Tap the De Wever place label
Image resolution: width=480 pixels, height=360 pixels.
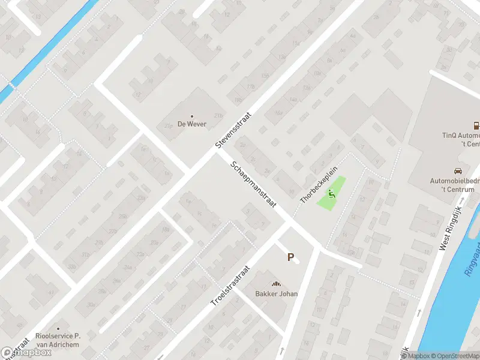(192, 124)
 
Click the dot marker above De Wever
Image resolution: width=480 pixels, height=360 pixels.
(192, 116)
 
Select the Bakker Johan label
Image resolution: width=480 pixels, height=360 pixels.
(277, 293)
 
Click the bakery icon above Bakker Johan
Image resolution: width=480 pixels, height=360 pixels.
(277, 284)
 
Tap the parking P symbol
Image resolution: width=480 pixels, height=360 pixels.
(290, 257)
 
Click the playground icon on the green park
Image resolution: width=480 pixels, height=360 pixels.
(331, 193)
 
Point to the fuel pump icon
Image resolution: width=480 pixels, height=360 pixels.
(476, 126)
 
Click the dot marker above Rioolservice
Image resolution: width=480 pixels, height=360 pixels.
(58, 329)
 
